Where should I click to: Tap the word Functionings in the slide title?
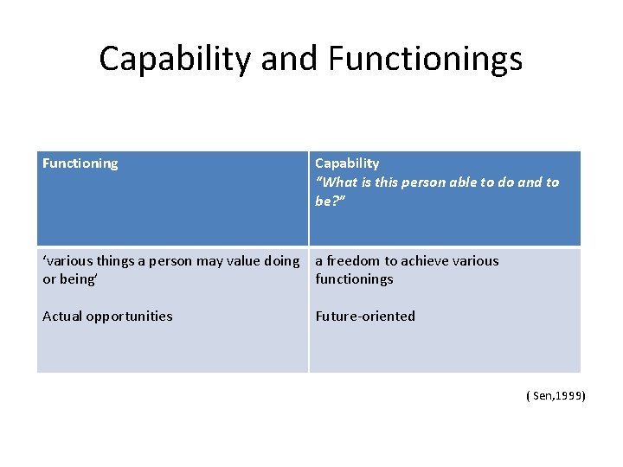pos(425,59)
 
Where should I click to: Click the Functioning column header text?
pos(80,163)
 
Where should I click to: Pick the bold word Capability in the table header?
pos(347,163)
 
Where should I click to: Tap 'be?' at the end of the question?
pos(330,201)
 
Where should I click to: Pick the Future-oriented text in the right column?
pos(365,317)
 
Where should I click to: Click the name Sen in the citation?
pos(543,396)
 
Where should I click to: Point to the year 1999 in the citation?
pos(570,396)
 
